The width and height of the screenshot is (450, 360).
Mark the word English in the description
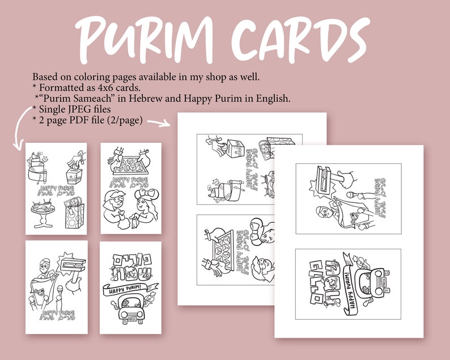pos(271,98)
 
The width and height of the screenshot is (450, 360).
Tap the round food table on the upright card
pos(41,212)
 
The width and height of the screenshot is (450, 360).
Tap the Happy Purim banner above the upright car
pos(129,292)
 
